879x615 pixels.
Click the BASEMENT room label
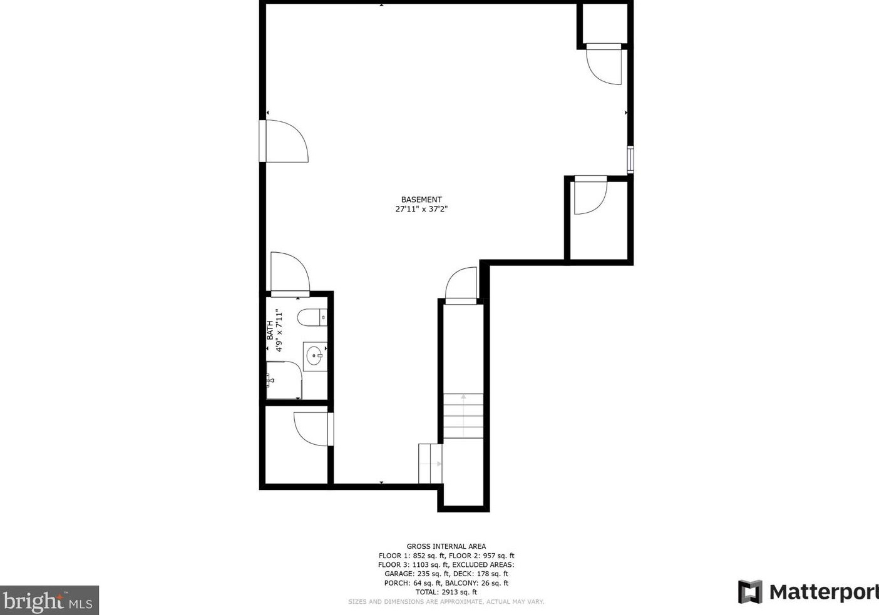[421, 200]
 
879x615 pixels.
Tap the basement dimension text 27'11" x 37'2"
[421, 210]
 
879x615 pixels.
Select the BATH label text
[270, 330]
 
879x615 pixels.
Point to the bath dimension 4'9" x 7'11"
[279, 330]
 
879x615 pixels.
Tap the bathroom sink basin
[314, 356]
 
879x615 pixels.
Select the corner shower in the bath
[283, 380]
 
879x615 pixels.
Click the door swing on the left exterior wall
[285, 141]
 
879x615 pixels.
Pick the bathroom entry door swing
[289, 273]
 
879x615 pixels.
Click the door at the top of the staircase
[461, 285]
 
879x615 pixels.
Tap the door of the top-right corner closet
[604, 64]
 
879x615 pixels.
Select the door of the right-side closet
[590, 196]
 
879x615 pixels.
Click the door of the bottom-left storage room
[312, 429]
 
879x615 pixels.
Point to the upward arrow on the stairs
[463, 397]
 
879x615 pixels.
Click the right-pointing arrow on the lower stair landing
[438, 464]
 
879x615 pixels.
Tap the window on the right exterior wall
[630, 159]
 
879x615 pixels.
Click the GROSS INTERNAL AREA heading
[446, 546]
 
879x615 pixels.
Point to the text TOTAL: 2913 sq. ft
[446, 592]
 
